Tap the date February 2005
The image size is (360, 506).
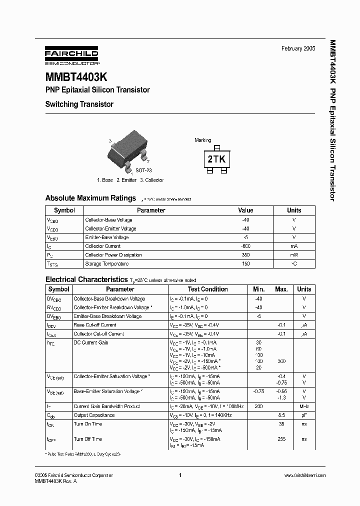coord(298,48)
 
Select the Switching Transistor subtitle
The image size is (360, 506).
coord(79,104)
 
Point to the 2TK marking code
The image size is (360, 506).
coord(216,159)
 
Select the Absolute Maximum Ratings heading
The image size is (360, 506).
coord(90,198)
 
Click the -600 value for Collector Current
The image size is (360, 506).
coord(245,246)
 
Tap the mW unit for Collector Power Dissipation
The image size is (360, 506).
coord(294,255)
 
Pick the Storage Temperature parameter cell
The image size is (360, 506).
coord(106,263)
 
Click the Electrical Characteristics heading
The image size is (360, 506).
coord(86,279)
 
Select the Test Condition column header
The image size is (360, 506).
coord(207,289)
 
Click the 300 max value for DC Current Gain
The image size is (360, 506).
coord(281,360)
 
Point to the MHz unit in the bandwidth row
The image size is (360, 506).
coord(304,406)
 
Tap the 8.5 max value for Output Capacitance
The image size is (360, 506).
coord(281,415)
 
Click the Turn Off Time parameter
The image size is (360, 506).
coord(88,439)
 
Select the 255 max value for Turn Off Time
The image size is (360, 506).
coord(281,439)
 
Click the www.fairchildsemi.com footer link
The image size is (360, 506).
coord(304,475)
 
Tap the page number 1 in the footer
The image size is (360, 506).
coord(179,475)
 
